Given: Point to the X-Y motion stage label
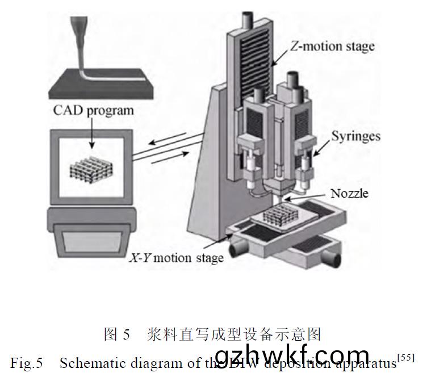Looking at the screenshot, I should [177, 257].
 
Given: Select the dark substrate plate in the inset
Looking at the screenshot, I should [102, 85].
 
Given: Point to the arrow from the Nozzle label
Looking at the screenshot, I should [289, 198].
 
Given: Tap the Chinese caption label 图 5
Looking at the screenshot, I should [117, 334].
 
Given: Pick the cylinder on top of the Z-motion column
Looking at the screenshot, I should [248, 18].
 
